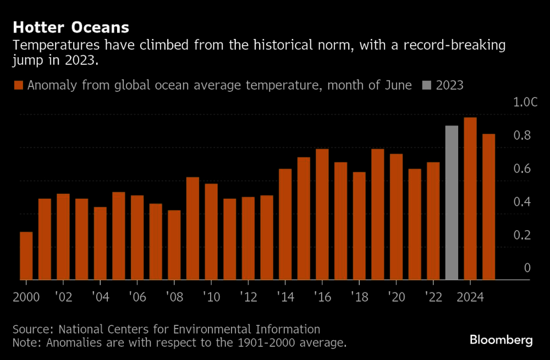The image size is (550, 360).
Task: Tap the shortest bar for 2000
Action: point(26,255)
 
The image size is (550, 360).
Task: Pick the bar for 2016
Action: point(322,214)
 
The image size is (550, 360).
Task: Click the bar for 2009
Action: point(193,228)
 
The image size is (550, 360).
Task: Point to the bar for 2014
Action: point(285,224)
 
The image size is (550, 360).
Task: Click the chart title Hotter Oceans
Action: point(71,27)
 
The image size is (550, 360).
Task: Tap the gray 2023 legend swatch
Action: point(427,85)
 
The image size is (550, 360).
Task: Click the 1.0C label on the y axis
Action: point(521,102)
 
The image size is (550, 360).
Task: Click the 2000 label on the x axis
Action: point(26,297)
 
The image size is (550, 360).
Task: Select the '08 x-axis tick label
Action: point(174,297)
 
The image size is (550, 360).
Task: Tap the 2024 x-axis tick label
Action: point(470,297)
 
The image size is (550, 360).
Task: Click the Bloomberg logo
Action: point(501,340)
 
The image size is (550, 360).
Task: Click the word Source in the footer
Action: point(32,329)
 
